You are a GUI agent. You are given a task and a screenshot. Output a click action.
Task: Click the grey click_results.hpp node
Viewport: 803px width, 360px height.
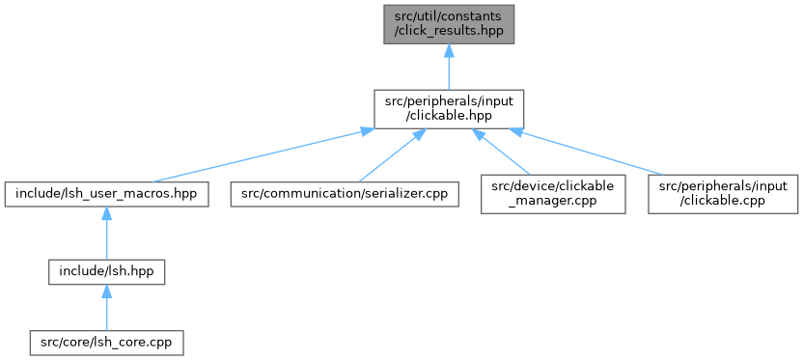point(449,24)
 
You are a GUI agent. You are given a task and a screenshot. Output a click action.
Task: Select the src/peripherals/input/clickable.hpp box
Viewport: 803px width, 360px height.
point(449,109)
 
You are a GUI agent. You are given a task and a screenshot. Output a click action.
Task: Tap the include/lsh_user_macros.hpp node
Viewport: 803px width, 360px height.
point(106,195)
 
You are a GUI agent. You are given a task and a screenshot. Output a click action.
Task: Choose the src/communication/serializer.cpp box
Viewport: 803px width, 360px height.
point(345,195)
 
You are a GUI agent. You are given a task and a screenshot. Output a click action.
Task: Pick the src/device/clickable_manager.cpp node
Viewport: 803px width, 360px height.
point(553,194)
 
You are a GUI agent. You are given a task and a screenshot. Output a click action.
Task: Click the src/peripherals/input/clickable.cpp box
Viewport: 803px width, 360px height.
point(723,194)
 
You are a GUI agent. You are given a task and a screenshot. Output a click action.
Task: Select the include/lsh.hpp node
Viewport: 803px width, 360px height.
point(106,272)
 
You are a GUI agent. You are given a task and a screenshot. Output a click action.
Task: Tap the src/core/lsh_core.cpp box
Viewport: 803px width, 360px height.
point(106,343)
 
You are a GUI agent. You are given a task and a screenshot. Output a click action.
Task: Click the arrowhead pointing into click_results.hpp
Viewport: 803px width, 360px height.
point(449,50)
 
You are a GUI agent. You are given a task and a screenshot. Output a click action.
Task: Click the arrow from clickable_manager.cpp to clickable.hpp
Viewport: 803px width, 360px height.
point(501,152)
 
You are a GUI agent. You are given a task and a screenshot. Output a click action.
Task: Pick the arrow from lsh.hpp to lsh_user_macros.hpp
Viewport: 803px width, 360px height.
point(106,234)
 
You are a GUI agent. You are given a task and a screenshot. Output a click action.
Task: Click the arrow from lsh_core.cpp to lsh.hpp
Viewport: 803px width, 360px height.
point(106,307)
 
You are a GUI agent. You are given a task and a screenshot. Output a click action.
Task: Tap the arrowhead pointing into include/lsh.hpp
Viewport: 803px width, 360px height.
point(106,291)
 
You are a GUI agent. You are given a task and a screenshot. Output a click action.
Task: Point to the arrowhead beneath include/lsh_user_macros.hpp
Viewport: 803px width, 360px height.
point(106,213)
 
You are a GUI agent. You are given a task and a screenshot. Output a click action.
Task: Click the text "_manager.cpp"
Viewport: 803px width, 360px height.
point(553,202)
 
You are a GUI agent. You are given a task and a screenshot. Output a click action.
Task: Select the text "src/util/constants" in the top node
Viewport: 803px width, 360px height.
point(449,17)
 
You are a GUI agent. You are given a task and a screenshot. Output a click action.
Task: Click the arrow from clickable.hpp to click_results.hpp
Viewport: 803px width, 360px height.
point(449,67)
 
